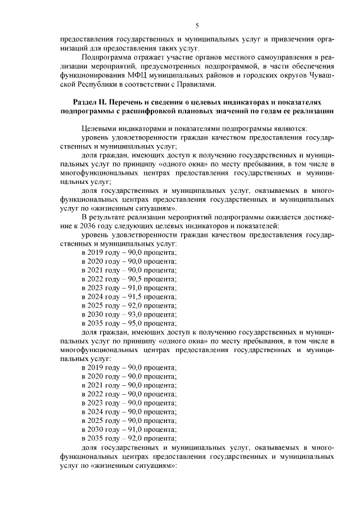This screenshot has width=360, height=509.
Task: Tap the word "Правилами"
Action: click(197, 84)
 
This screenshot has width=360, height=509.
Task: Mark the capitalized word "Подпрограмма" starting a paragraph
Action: click(105, 58)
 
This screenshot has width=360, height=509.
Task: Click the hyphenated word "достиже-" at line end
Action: click(318, 217)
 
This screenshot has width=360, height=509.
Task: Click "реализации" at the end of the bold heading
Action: click(312, 111)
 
